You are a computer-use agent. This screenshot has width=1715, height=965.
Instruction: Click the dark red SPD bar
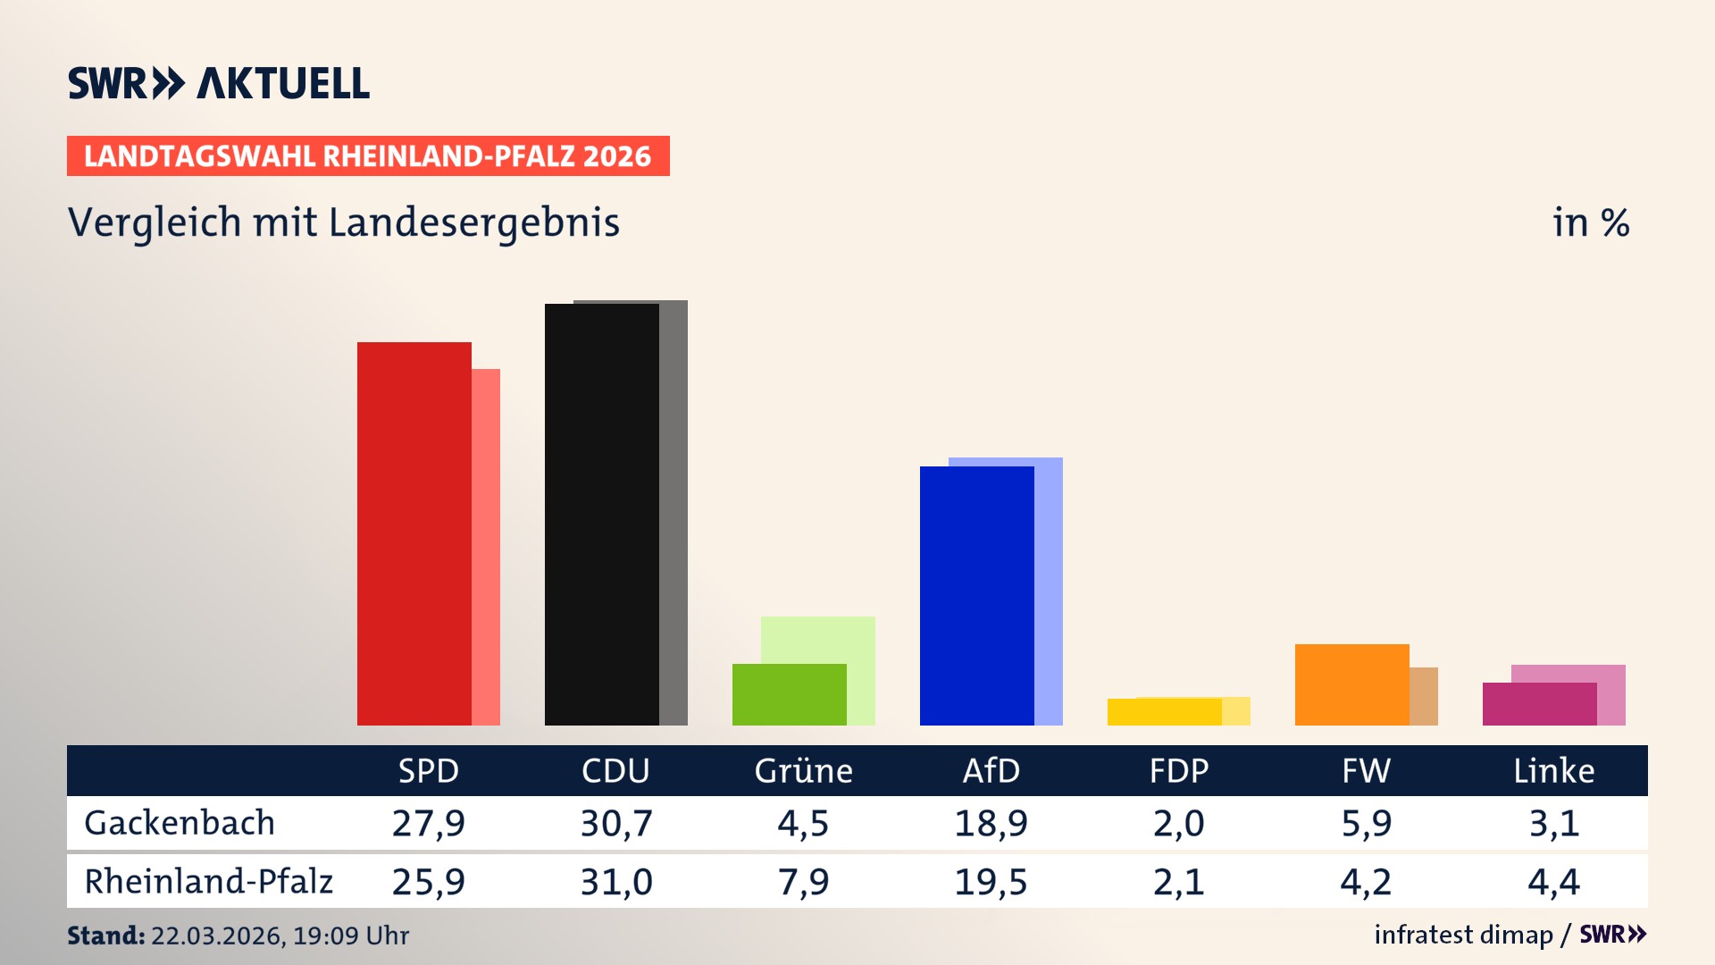[414, 533]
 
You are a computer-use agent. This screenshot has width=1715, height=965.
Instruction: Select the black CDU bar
[601, 515]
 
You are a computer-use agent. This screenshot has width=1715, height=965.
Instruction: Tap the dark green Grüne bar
[789, 694]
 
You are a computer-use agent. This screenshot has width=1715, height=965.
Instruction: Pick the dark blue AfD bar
[976, 596]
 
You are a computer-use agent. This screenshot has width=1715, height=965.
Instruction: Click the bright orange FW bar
[1351, 684]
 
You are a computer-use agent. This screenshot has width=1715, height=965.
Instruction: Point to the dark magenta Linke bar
[1539, 704]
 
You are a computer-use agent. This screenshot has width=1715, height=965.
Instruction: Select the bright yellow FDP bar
[1164, 712]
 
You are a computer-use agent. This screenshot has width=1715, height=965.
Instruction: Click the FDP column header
[1178, 771]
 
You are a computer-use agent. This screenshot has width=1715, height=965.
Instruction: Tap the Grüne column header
[803, 771]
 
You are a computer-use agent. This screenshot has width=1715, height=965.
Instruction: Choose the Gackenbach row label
[180, 823]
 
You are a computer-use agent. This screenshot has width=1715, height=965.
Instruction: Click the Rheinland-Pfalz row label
[208, 882]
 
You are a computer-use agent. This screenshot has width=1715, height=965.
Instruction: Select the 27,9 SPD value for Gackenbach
[428, 823]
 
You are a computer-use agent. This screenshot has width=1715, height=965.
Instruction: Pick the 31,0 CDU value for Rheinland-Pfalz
[615, 882]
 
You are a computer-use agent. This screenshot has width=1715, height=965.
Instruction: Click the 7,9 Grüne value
[803, 882]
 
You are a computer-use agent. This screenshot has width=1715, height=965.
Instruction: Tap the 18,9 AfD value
[991, 823]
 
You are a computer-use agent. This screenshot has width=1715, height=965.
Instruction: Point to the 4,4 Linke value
[1553, 882]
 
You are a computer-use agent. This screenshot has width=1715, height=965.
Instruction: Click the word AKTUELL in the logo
[282, 84]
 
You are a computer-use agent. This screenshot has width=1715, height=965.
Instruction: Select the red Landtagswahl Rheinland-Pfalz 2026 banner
[367, 156]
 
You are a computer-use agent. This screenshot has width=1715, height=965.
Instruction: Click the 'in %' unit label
[1590, 222]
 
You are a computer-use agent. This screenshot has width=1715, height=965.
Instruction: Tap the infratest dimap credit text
[1462, 935]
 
